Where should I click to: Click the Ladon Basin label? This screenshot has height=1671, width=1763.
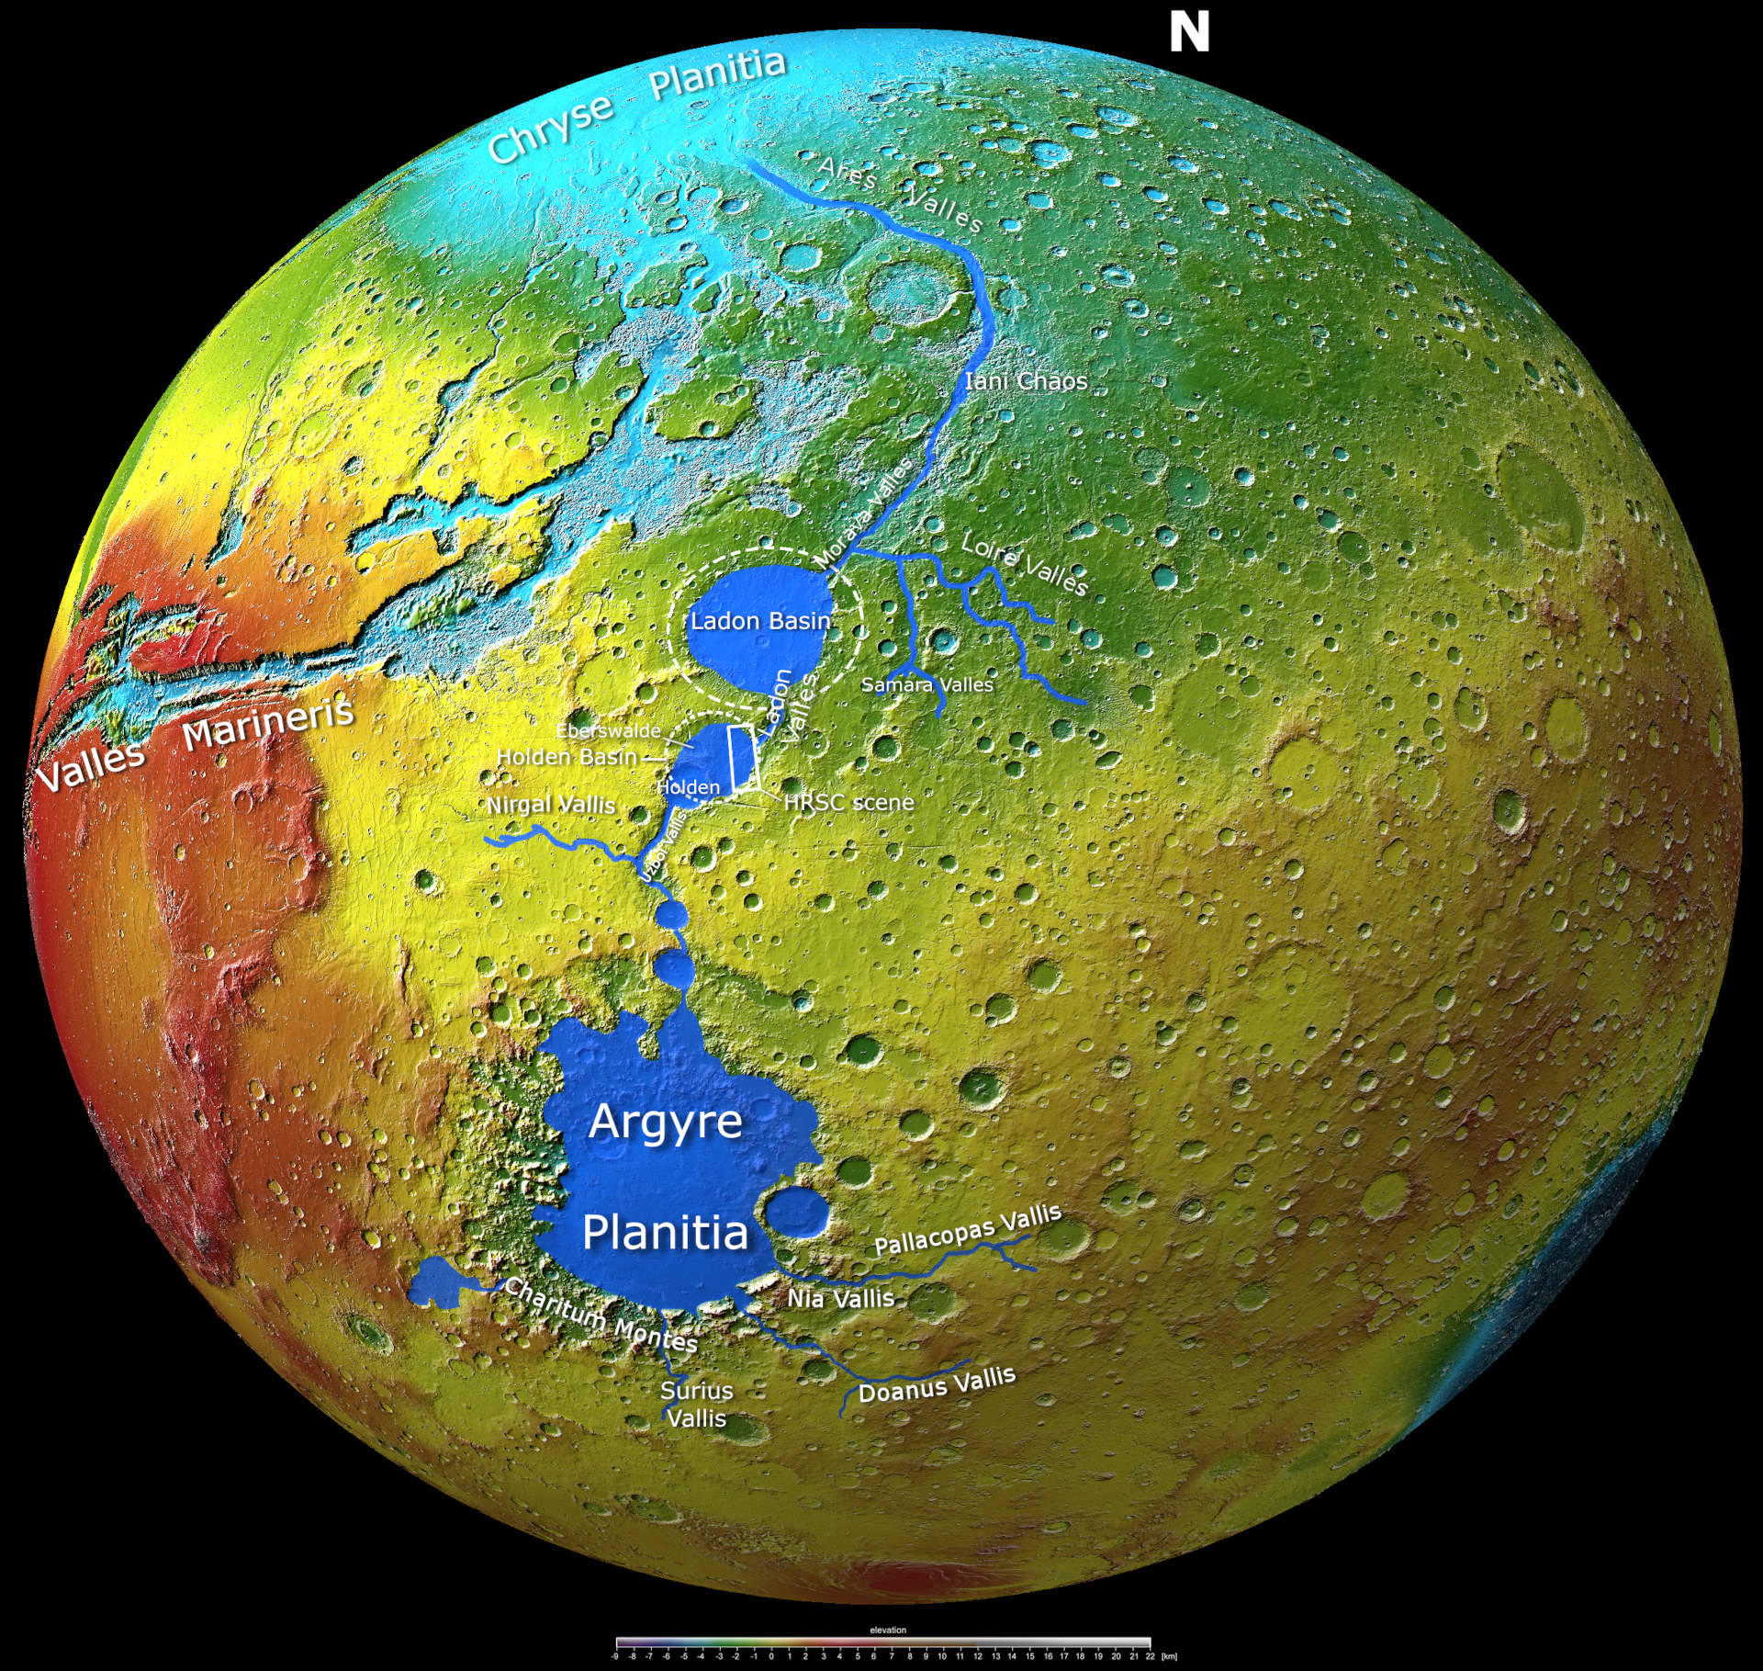pyautogui.click(x=760, y=622)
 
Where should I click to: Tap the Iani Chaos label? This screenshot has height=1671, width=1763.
pyautogui.click(x=1026, y=381)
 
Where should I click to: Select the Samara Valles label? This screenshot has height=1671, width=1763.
pyautogui.click(x=926, y=685)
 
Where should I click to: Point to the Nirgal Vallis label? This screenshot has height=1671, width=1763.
pyautogui.click(x=550, y=805)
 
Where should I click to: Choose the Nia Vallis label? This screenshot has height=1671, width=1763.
pyautogui.click(x=840, y=1299)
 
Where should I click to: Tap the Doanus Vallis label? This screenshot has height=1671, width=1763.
pyautogui.click(x=937, y=1384)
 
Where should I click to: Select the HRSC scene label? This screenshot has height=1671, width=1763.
pyautogui.click(x=849, y=803)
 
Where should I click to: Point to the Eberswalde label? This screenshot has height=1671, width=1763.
pyautogui.click(x=608, y=731)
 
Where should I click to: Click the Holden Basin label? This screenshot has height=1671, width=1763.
pyautogui.click(x=567, y=757)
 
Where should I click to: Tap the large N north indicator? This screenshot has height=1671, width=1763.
pyautogui.click(x=1189, y=33)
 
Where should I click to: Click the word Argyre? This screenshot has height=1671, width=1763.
pyautogui.click(x=666, y=1122)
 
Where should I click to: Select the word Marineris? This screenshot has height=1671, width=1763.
pyautogui.click(x=268, y=724)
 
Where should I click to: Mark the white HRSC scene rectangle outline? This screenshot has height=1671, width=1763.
pyautogui.click(x=742, y=757)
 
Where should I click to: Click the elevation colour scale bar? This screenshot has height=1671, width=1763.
pyautogui.click(x=882, y=1643)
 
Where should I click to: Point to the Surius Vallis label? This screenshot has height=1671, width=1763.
pyautogui.click(x=696, y=1405)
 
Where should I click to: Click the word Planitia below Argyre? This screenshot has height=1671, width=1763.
pyautogui.click(x=666, y=1233)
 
